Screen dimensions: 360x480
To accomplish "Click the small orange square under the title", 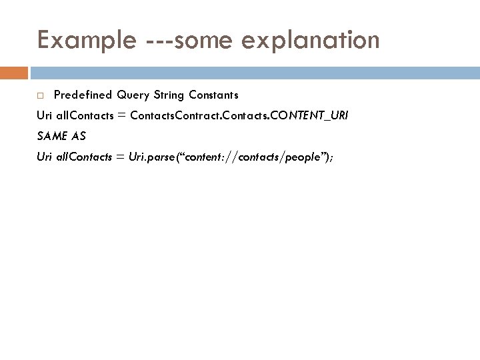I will tap(14, 72).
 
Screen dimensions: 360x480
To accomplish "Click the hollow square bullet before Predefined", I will tap(41, 95).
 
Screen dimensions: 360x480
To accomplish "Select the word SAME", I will tap(51, 136).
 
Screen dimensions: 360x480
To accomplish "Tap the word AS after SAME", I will tap(79, 136).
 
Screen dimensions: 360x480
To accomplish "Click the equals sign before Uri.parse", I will tap(121, 157).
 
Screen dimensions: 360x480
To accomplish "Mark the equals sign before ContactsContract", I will tap(121, 116).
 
